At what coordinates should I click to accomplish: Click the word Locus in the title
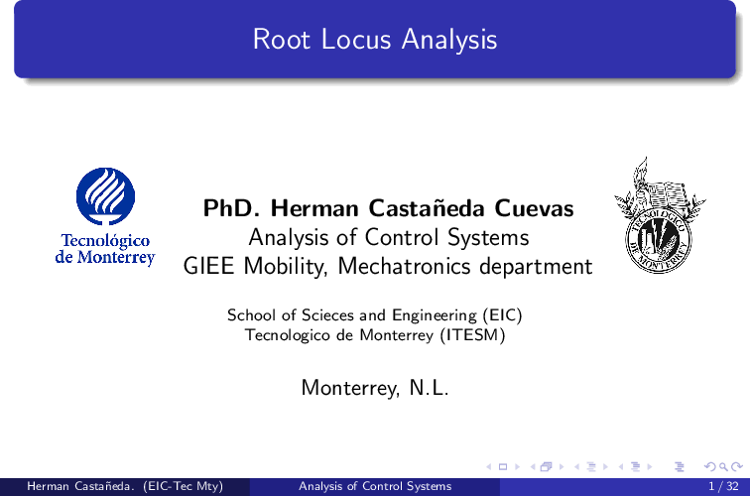pyautogui.click(x=356, y=40)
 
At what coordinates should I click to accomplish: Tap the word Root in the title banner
pyautogui.click(x=282, y=40)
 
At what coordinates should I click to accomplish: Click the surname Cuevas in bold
pyautogui.click(x=534, y=208)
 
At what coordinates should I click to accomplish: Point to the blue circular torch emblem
pyautogui.click(x=106, y=196)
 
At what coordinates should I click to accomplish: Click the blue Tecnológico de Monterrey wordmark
pyautogui.click(x=105, y=249)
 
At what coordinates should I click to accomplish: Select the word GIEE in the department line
pyautogui.click(x=209, y=267)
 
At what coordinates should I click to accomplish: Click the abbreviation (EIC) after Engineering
pyautogui.click(x=502, y=315)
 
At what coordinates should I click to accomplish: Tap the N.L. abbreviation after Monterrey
pyautogui.click(x=429, y=388)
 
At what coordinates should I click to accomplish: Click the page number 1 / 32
pyautogui.click(x=723, y=486)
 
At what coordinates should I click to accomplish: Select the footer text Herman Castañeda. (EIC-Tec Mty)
pyautogui.click(x=125, y=486)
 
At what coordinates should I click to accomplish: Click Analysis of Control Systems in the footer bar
pyautogui.click(x=375, y=486)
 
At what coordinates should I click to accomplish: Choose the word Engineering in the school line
pyautogui.click(x=435, y=315)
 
